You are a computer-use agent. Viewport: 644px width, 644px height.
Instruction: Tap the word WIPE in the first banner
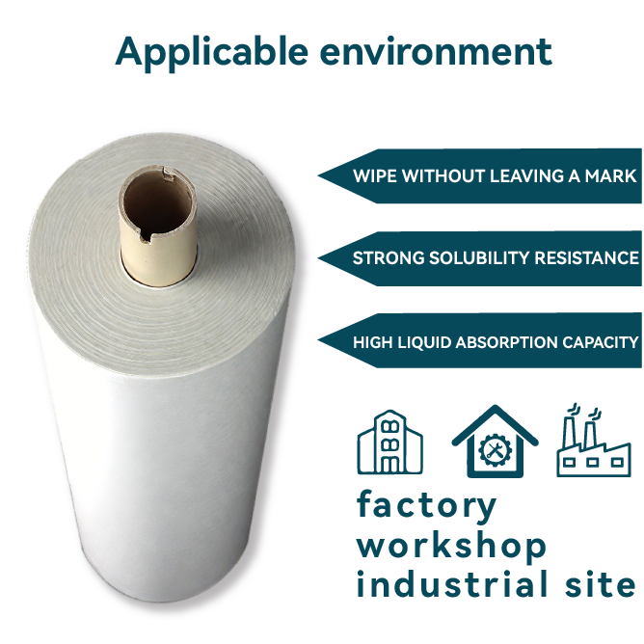tap(374, 176)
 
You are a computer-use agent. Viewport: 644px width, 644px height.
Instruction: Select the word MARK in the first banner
tap(612, 176)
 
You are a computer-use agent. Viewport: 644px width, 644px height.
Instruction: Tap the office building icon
tap(389, 443)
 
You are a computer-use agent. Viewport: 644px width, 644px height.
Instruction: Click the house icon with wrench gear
tap(495, 443)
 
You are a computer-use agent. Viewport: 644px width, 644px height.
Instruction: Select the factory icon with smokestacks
tap(593, 443)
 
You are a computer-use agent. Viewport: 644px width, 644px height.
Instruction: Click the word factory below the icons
tap(427, 506)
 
